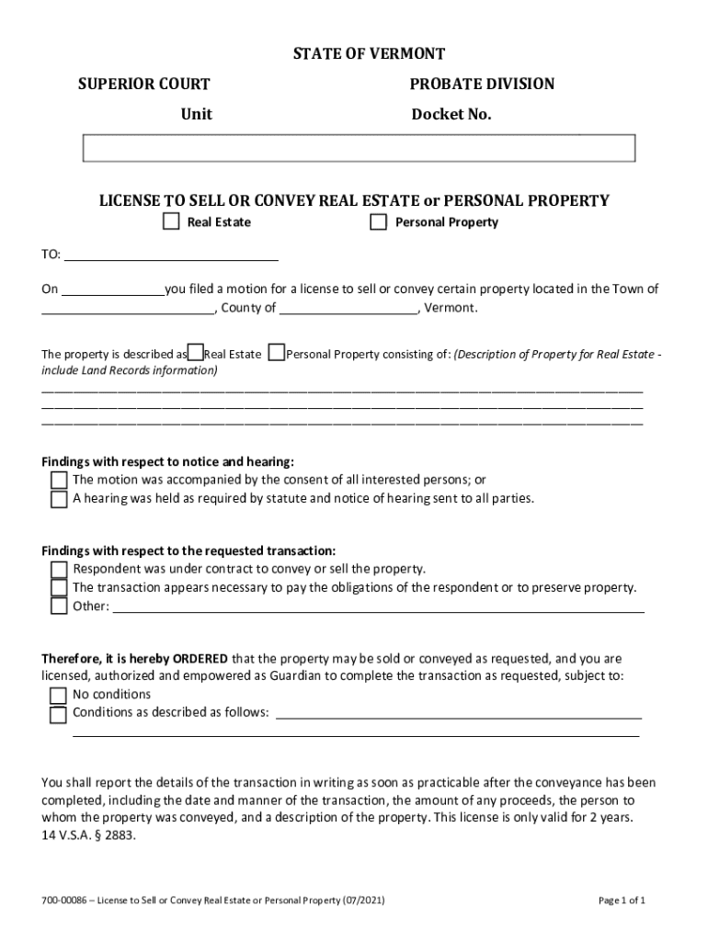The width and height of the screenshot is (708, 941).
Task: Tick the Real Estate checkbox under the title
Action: [x=171, y=221]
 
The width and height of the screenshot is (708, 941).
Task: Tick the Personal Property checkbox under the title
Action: [x=378, y=221]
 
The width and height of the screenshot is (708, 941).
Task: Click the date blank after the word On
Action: [x=113, y=289]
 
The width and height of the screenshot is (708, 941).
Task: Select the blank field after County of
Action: [x=348, y=308]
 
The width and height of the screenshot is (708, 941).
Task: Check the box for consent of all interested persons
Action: [x=59, y=480]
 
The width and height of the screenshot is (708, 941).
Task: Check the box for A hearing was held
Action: [x=59, y=499]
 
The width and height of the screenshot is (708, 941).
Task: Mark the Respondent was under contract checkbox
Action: [x=59, y=569]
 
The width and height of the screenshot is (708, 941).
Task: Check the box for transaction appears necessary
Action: [x=59, y=587]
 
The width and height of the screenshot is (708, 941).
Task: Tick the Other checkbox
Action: [x=59, y=607]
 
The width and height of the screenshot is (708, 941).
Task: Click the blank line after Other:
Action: [x=377, y=606]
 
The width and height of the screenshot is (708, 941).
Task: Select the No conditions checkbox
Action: [x=59, y=695]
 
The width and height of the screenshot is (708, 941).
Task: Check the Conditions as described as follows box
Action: [x=59, y=714]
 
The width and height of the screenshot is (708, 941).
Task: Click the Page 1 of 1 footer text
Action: [x=622, y=901]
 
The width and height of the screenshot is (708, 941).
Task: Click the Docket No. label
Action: [x=451, y=115]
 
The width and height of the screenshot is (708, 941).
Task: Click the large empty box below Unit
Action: [x=359, y=148]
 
